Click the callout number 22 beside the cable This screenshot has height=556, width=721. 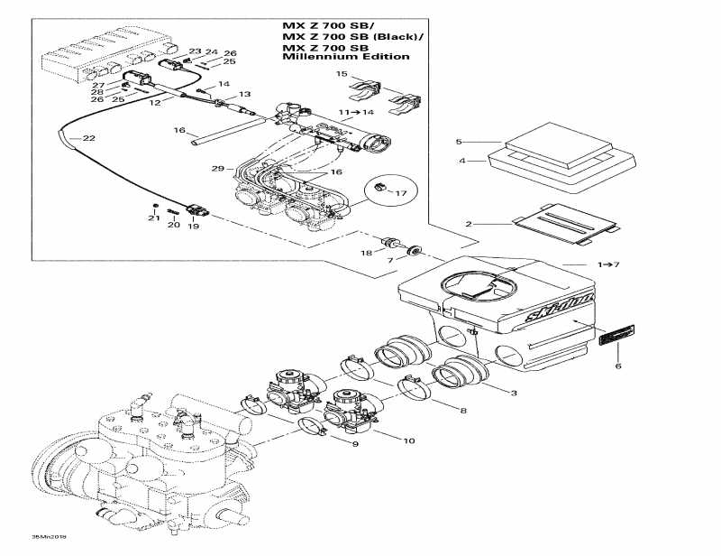(x=88, y=138)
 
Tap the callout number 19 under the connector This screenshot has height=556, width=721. (x=193, y=227)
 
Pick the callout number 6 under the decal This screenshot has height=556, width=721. (x=617, y=366)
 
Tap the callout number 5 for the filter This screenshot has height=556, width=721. (x=459, y=143)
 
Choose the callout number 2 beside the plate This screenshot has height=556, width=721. (x=468, y=223)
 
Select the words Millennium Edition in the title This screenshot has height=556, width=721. (x=345, y=56)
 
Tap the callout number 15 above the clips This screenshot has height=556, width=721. (x=342, y=73)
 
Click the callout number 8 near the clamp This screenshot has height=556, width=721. (x=462, y=411)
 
